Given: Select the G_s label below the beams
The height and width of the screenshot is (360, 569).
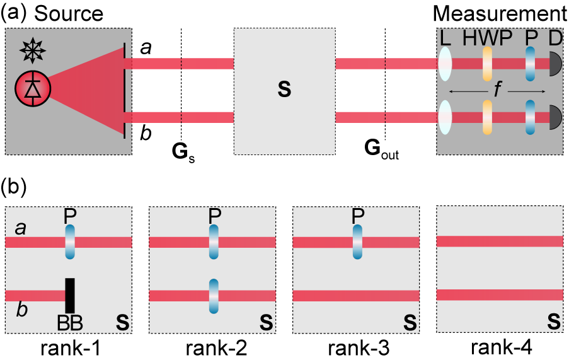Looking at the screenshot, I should pyautogui.click(x=183, y=153).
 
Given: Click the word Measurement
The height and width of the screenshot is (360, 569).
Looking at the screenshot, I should pyautogui.click(x=500, y=14).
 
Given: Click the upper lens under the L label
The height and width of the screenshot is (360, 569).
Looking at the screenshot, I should pyautogui.click(x=445, y=64).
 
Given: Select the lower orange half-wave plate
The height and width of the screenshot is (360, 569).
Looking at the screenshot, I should pyautogui.click(x=487, y=117).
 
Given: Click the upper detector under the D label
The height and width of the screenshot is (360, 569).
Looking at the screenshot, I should pyautogui.click(x=555, y=64).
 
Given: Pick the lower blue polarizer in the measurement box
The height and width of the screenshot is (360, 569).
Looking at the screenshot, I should pyautogui.click(x=530, y=117).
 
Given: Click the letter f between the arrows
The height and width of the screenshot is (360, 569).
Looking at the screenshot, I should pyautogui.click(x=497, y=91).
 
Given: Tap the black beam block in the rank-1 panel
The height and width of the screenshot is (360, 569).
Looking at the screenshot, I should pyautogui.click(x=69, y=296).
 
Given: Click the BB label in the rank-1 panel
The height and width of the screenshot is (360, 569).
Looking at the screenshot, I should pyautogui.click(x=70, y=322).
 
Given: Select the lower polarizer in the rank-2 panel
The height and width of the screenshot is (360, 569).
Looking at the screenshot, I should pyautogui.click(x=214, y=296).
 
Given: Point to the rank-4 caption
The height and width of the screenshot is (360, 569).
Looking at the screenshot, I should pyautogui.click(x=500, y=347).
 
